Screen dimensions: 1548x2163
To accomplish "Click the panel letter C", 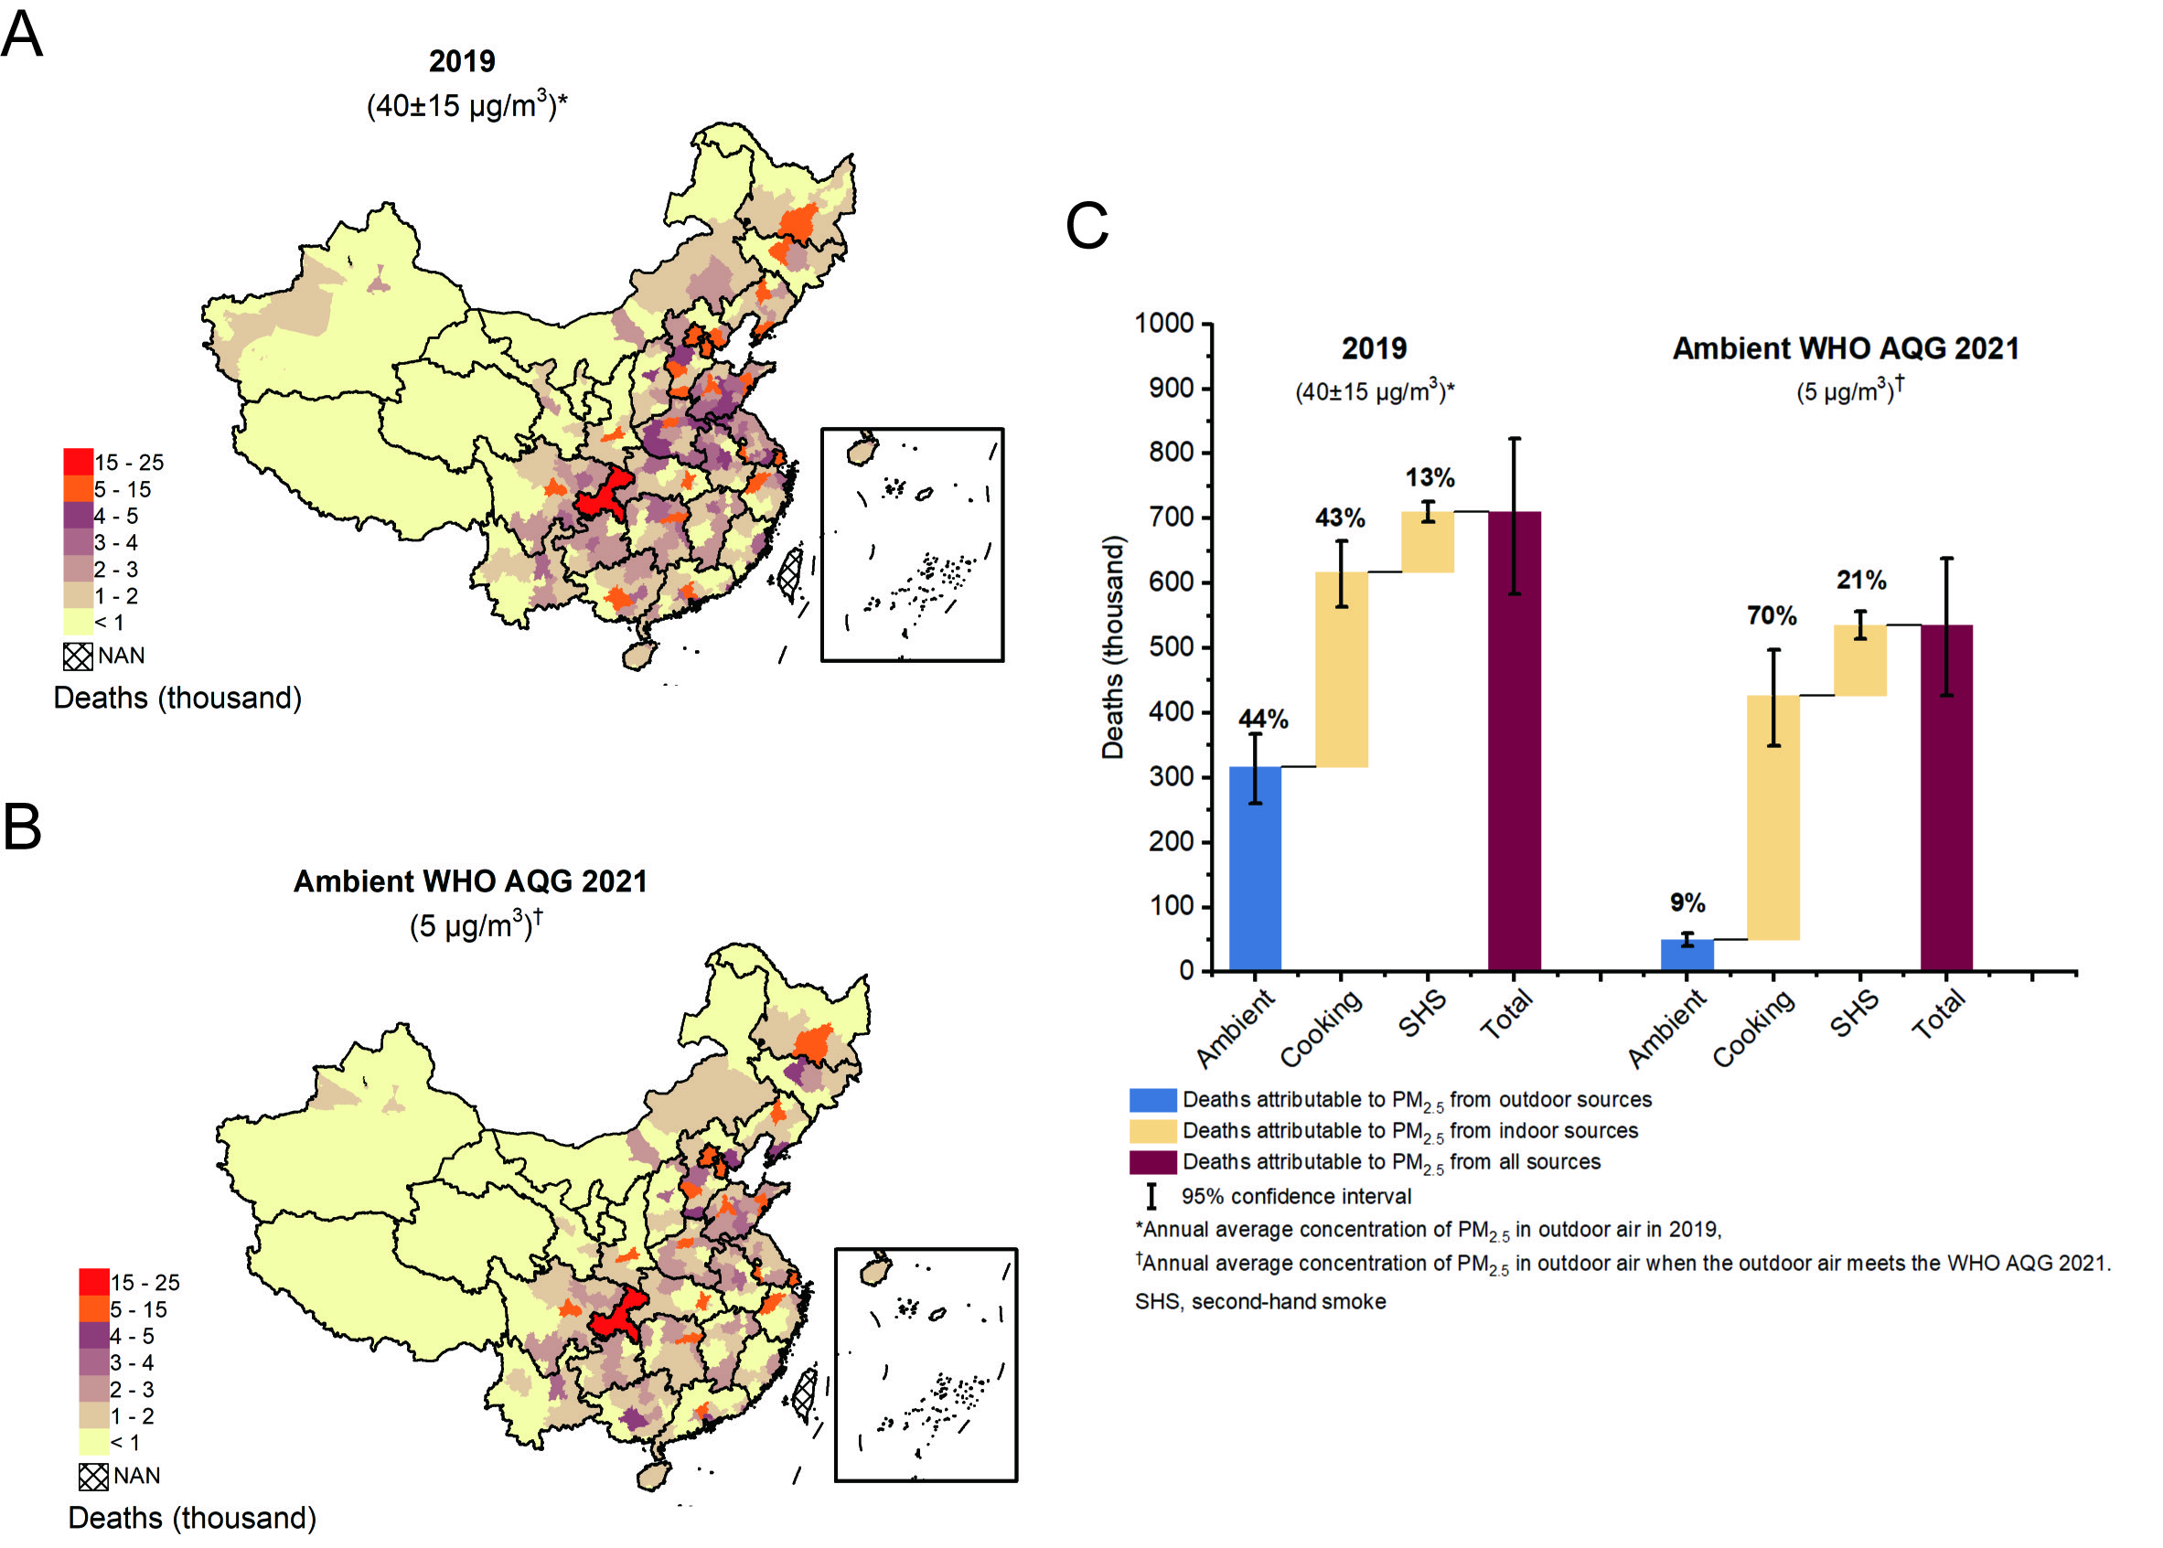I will point(1086,226).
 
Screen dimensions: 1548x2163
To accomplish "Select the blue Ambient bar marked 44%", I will point(1255,868).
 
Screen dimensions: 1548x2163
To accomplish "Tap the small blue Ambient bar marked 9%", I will point(1686,955).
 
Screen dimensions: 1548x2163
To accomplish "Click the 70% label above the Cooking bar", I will point(1772,615).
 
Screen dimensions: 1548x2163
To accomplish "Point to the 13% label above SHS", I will point(1429,477).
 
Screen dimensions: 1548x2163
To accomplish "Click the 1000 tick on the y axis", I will point(1165,324).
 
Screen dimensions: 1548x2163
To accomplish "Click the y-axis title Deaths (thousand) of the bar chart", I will point(1111,647).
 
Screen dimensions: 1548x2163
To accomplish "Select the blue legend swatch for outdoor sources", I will point(1152,1100).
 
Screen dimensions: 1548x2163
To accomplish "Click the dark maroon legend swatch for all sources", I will point(1152,1162).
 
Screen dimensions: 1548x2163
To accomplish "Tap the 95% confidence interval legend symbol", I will point(1151,1196).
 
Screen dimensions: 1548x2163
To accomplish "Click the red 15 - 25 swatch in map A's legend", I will point(78,463).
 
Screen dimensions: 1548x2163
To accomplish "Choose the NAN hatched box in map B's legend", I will point(92,1477).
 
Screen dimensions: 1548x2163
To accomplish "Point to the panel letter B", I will point(22,826).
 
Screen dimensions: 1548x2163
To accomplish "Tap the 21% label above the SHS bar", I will point(1861,580).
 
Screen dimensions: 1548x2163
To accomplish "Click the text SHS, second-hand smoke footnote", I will point(1259,1302).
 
